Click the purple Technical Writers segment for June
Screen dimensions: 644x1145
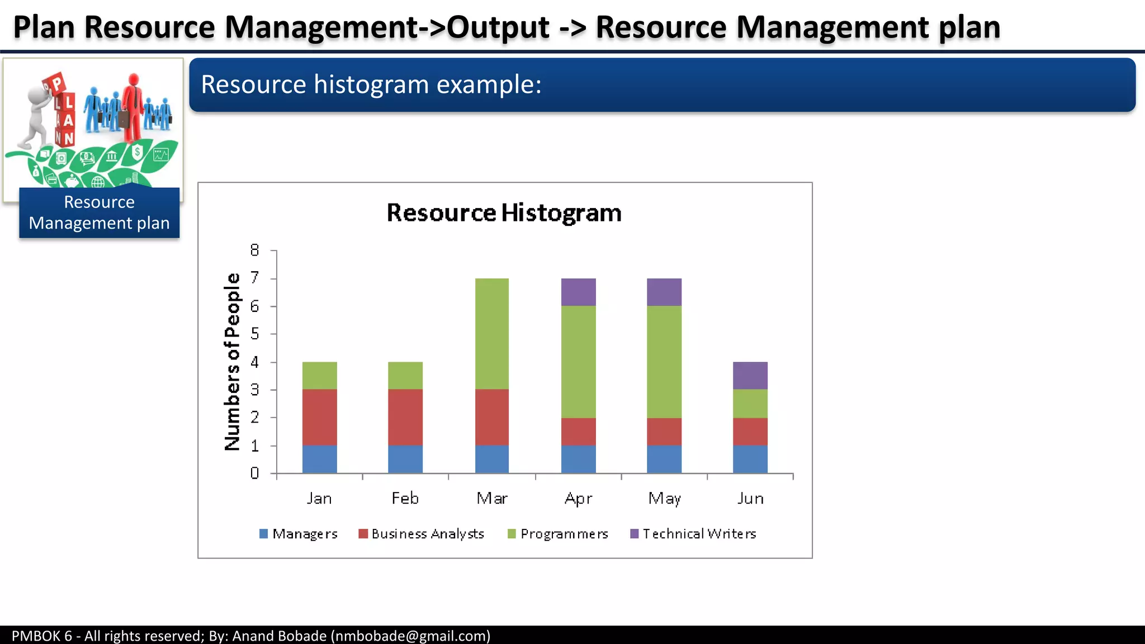click(750, 376)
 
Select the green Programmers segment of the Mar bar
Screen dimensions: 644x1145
click(492, 334)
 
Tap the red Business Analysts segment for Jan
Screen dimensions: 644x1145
click(320, 417)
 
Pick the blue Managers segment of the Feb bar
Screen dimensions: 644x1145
click(405, 459)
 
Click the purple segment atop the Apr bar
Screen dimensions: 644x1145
click(579, 292)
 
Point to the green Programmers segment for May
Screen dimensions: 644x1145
click(664, 362)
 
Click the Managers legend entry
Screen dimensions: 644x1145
click(299, 534)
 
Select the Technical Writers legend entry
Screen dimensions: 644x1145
click(693, 534)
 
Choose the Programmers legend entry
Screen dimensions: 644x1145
click(558, 534)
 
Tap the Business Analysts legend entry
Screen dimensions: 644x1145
click(422, 534)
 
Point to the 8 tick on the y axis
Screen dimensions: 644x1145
click(255, 250)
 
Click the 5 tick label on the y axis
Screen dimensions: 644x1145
click(255, 334)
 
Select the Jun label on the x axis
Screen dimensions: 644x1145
click(750, 498)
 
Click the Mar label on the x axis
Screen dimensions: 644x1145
click(492, 498)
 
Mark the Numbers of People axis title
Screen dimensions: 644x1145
click(232, 362)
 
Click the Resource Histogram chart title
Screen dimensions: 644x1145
click(504, 213)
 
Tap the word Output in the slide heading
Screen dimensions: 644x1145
click(498, 27)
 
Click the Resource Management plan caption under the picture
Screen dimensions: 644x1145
click(100, 212)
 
